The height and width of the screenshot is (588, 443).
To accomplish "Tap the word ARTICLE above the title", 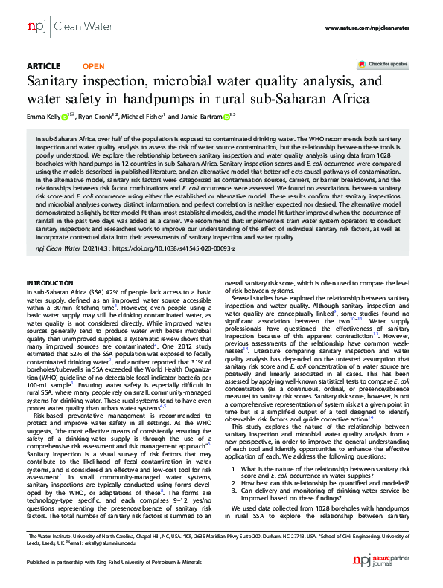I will point(44,65).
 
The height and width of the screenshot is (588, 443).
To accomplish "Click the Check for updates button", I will point(388,65).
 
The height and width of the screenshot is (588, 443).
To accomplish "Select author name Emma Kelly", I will point(44,117).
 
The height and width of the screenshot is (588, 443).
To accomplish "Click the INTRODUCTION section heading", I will point(50,284).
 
